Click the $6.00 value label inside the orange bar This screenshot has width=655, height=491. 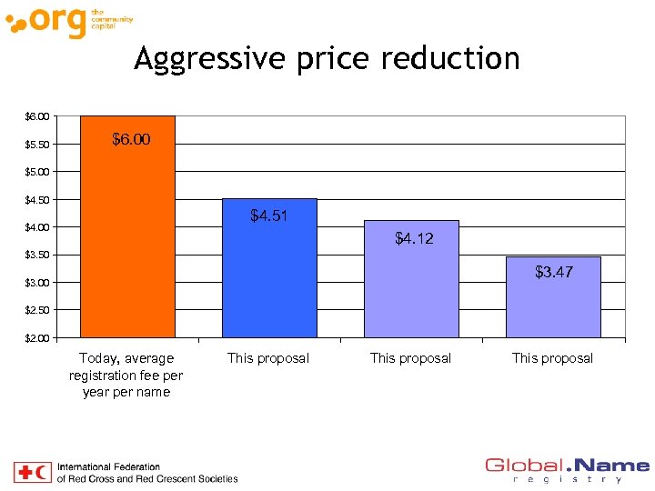131,139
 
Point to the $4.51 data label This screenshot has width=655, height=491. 270,216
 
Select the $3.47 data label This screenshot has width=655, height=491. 553,272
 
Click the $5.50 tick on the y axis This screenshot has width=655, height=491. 38,145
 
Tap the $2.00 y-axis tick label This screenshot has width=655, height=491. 38,338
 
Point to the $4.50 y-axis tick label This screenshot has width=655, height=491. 38,200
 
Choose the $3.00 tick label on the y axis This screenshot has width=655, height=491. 38,283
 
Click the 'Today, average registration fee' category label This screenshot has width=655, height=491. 126,375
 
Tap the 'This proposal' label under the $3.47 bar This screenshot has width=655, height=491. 552,358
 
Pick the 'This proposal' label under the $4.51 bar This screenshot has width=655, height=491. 268,358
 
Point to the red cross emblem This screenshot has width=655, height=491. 24,472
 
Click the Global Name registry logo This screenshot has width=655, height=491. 567,470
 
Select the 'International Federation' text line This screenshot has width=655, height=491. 108,467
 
